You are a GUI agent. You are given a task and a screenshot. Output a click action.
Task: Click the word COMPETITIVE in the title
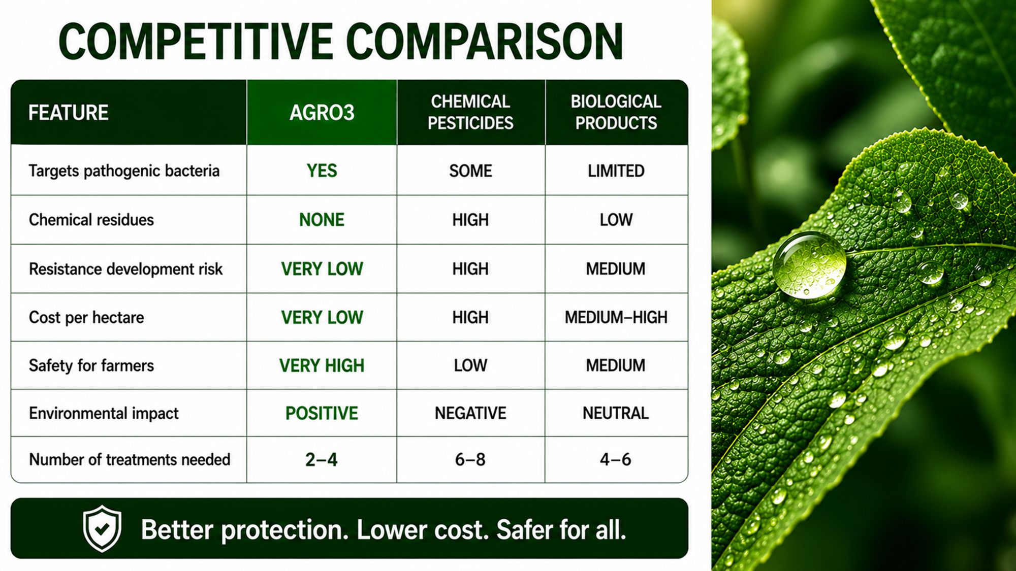tap(196, 42)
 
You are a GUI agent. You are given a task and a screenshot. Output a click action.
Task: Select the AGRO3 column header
tap(322, 113)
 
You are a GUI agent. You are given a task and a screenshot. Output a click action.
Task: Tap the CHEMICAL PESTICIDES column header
tap(470, 112)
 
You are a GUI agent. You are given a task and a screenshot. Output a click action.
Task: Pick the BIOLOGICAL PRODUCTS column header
tap(616, 112)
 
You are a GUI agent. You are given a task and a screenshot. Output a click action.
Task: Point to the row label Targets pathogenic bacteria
tap(124, 171)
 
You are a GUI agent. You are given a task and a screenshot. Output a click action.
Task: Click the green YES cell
tap(322, 171)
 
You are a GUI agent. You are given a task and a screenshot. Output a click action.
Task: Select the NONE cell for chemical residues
tap(322, 220)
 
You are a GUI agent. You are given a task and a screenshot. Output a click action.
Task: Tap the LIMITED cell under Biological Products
tap(616, 171)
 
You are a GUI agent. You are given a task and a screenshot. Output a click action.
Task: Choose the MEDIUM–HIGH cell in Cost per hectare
tap(616, 317)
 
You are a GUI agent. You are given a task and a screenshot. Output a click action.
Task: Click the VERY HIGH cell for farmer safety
tap(322, 365)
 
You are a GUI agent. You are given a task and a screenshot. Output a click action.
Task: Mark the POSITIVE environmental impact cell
tap(322, 413)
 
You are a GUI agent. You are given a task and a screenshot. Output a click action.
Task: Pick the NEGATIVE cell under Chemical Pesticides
tap(470, 413)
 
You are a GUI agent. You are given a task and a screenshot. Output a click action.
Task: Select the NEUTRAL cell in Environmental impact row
tap(616, 413)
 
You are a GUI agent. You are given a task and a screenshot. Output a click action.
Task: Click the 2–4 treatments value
tap(321, 460)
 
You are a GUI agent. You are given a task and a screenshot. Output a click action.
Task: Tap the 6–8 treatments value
tap(470, 460)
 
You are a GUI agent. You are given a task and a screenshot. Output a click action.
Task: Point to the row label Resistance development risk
tap(125, 269)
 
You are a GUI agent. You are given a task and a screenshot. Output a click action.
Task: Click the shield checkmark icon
tap(102, 528)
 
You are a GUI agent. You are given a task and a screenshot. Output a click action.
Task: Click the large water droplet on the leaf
tap(810, 264)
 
